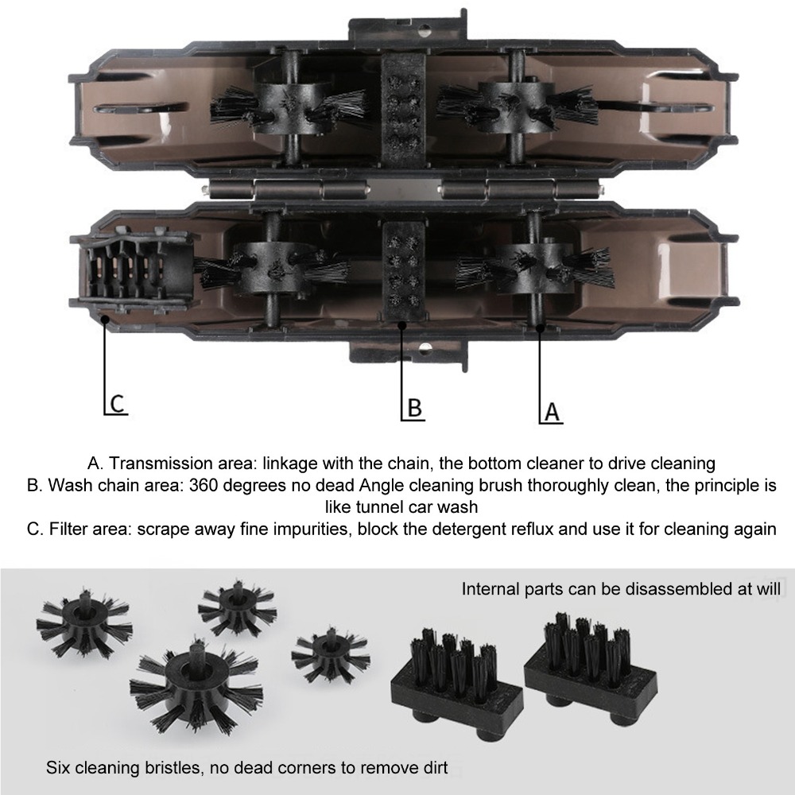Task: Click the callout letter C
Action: point(117,404)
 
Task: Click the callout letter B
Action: point(415,408)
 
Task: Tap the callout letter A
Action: point(553,412)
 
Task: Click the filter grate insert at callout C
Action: point(135,270)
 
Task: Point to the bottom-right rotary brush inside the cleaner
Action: point(533,269)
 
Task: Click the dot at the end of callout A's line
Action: point(541,328)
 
